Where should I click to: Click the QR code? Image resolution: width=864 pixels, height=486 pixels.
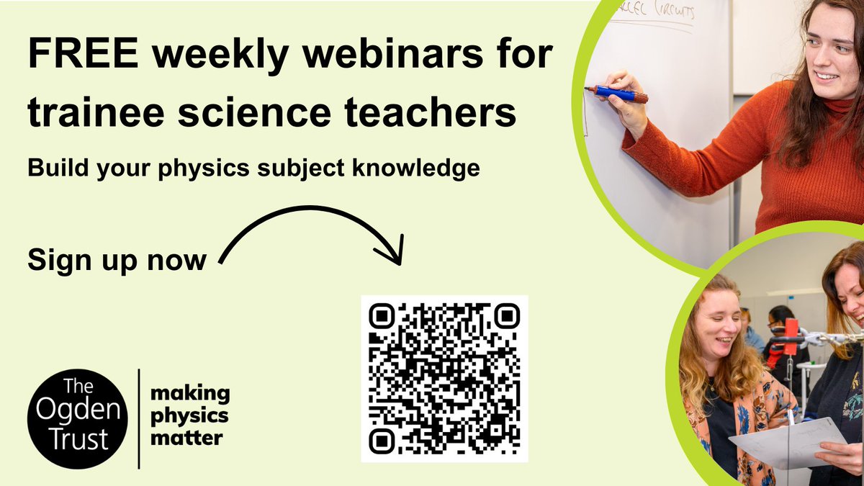(444, 379)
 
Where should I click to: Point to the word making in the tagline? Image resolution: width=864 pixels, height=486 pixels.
(190, 393)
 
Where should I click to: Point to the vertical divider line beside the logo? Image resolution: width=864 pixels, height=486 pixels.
(138, 418)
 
